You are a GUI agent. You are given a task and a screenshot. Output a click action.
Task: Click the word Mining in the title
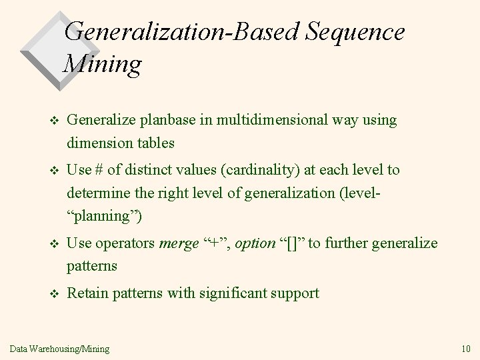tap(103, 64)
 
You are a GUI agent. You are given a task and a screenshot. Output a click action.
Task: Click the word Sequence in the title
tap(345, 31)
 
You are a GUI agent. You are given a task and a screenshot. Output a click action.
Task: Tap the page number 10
tap(465, 348)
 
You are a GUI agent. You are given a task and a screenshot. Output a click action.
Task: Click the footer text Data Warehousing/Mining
tap(60, 348)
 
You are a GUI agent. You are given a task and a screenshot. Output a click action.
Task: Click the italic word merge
tap(177, 243)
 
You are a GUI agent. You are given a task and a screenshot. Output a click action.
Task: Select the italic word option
tap(255, 243)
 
